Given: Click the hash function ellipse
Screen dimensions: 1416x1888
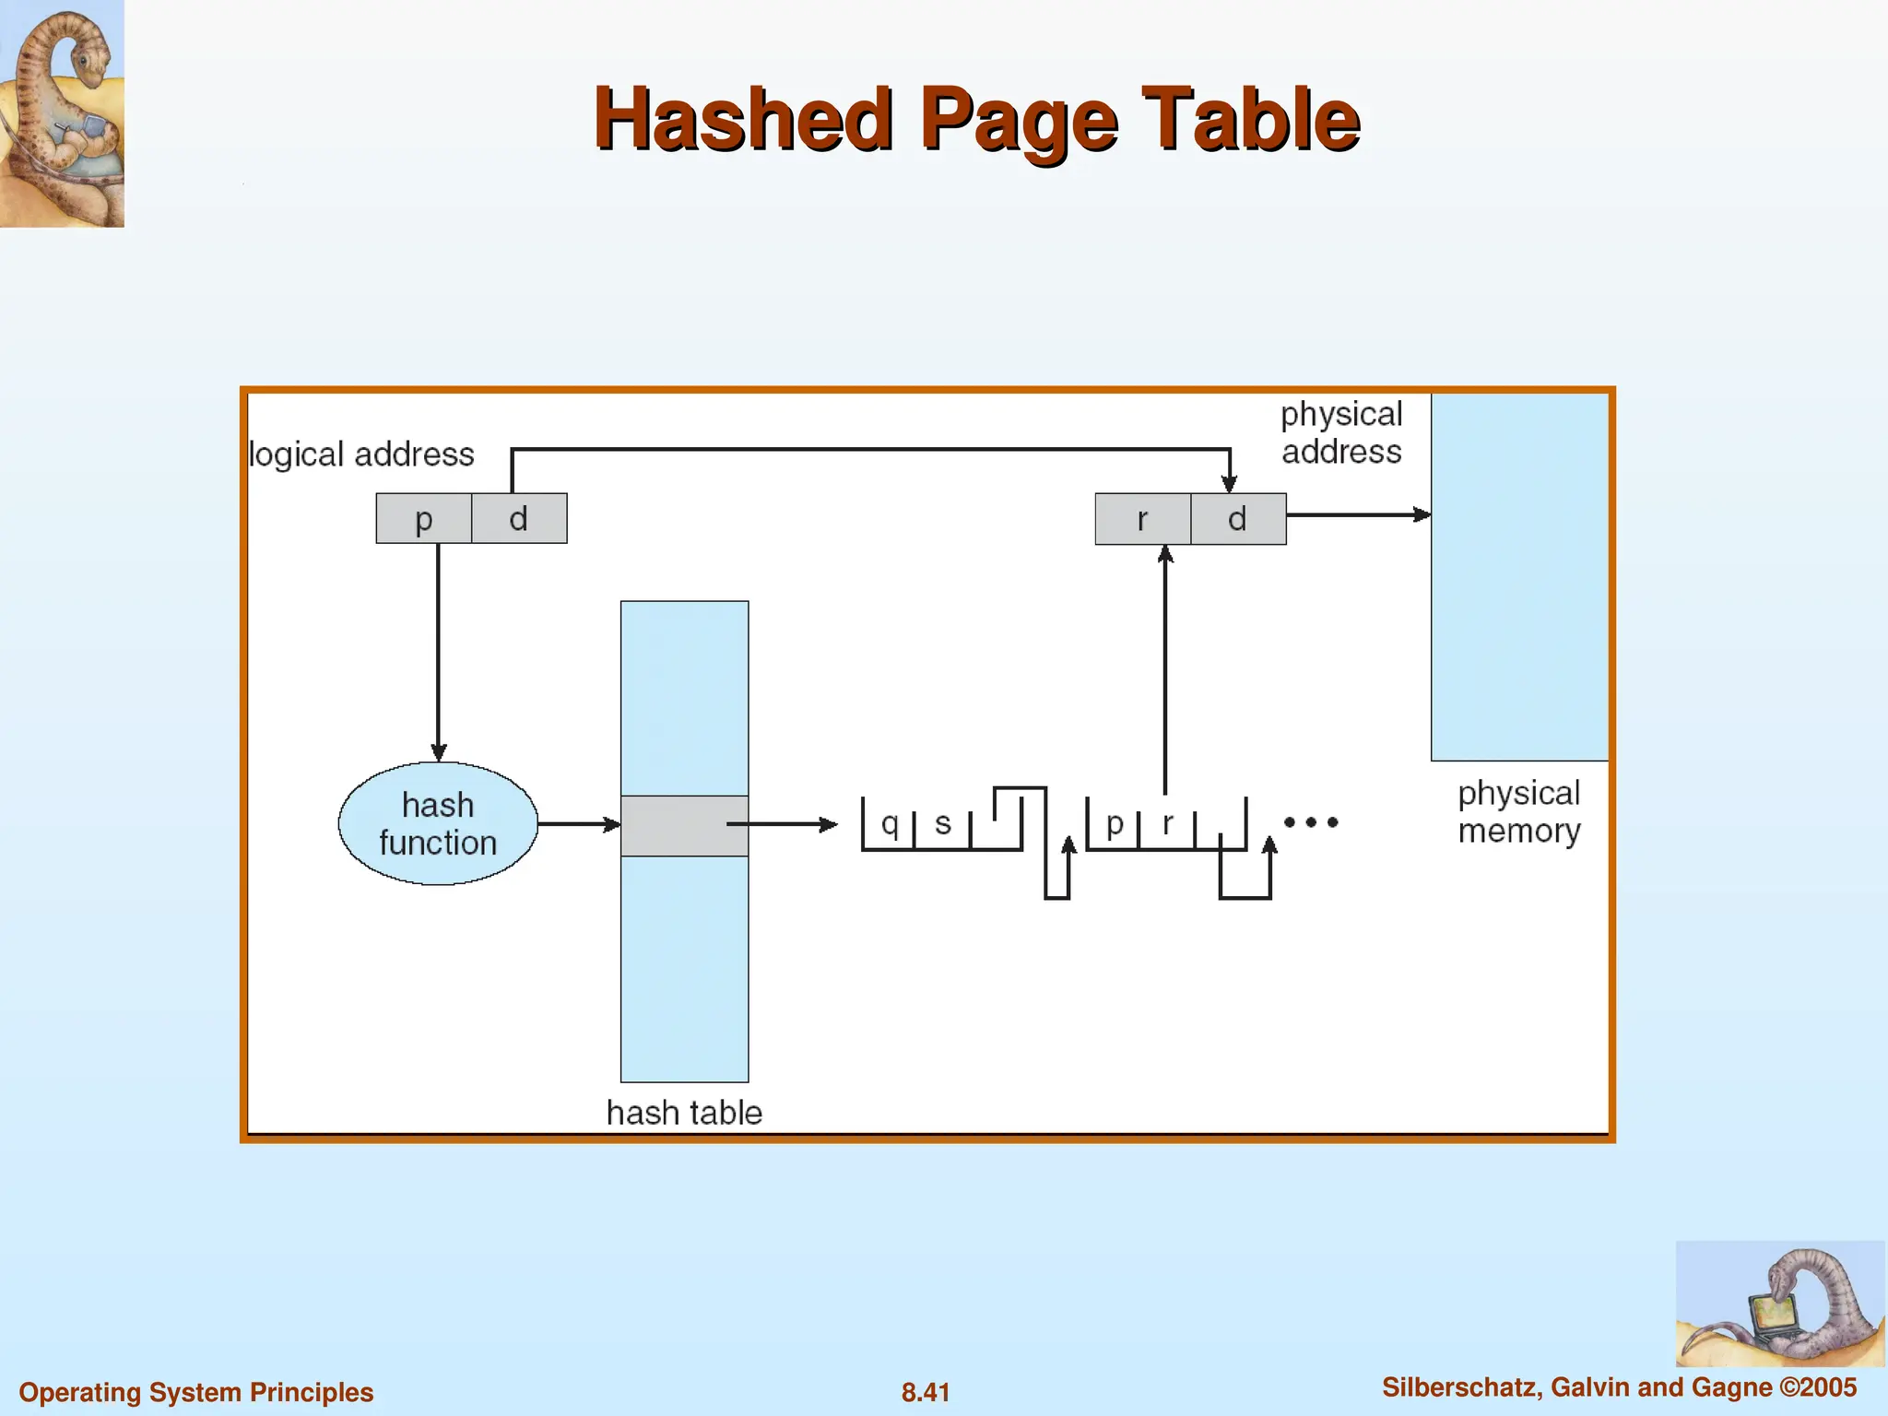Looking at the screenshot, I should click(x=438, y=823).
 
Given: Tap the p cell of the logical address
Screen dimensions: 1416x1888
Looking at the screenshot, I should click(x=424, y=518).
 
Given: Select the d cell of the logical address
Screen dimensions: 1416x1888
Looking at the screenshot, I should click(x=519, y=518).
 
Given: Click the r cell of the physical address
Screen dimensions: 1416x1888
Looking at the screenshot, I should click(x=1143, y=519).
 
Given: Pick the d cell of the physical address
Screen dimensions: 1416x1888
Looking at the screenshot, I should click(x=1238, y=519).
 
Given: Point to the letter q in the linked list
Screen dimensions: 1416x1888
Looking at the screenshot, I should click(x=890, y=822).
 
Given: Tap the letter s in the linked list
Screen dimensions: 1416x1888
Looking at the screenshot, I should click(x=942, y=822).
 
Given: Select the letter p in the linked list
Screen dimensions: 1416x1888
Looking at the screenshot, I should click(x=1115, y=822).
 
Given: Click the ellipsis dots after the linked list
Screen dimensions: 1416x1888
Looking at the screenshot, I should click(x=1310, y=821).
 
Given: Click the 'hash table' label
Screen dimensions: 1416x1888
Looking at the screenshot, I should click(x=684, y=1113).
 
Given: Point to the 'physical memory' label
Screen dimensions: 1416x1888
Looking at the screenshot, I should click(x=1518, y=811).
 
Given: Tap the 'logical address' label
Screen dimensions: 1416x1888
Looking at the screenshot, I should click(x=361, y=454).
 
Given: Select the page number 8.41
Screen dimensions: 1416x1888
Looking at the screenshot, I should click(x=926, y=1392).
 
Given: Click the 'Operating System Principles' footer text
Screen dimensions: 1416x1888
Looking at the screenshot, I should click(x=196, y=1392).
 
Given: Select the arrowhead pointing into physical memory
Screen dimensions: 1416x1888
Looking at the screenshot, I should click(x=1422, y=514).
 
